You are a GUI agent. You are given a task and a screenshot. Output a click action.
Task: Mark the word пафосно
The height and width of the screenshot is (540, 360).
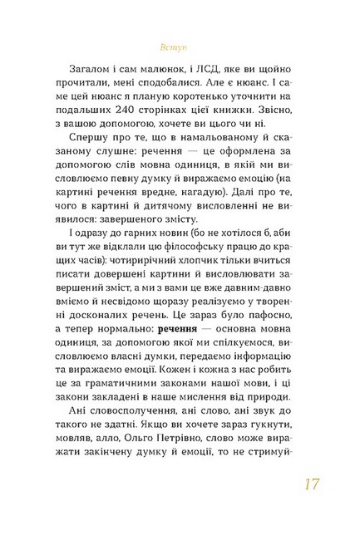coord(279,302)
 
